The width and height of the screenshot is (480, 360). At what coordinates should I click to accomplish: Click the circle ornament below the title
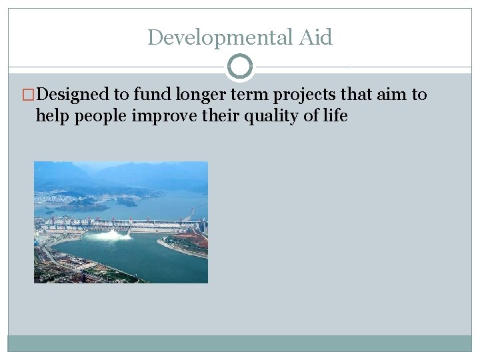coord(240,67)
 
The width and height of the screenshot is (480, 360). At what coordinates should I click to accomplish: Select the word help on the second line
coord(53,116)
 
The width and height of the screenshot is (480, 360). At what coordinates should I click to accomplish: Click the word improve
coord(166,116)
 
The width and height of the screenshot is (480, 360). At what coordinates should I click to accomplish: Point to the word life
coord(335,116)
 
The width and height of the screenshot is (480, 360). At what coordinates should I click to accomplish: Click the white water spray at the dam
coord(110,234)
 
